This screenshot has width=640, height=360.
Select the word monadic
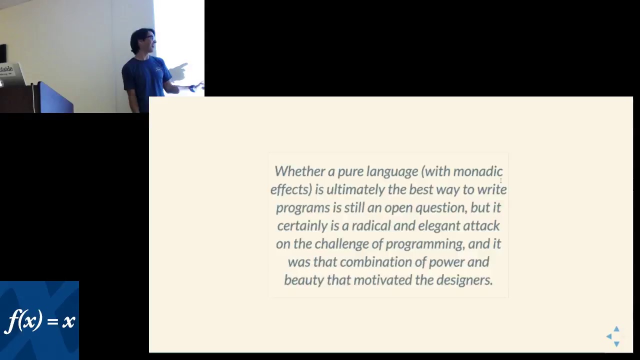coord(477,171)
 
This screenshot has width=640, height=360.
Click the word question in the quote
coord(441,208)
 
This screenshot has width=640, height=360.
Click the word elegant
coord(438,226)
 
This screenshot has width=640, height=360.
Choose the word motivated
coord(382,280)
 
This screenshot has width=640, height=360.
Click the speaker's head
coord(143,40)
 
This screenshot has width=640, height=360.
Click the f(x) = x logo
coord(39,320)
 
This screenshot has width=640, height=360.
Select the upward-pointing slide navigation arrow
coord(616,329)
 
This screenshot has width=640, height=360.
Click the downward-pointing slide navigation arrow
coord(616,343)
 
